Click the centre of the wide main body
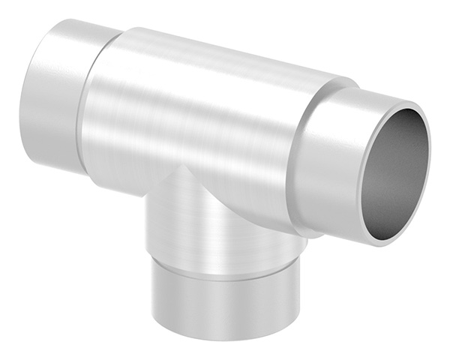pos(195,112)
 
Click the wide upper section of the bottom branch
pos(217,225)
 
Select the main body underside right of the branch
pos(270,210)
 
